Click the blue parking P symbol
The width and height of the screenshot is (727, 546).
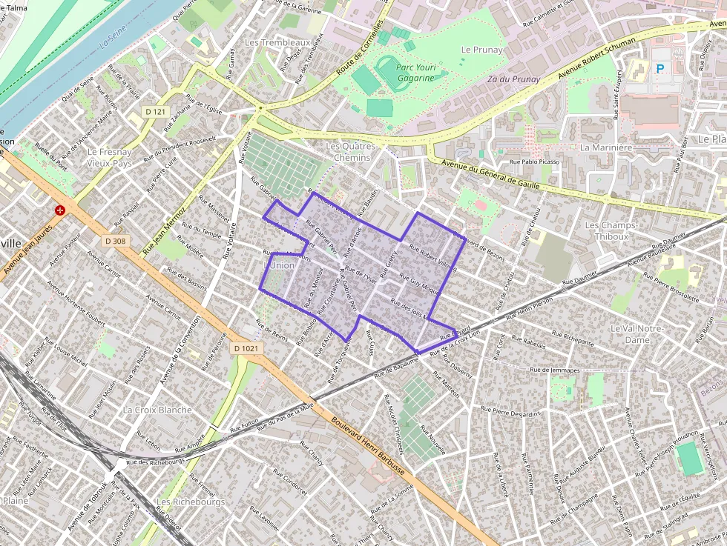pyautogui.click(x=659, y=69)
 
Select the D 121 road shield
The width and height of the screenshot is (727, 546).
pyautogui.click(x=155, y=111)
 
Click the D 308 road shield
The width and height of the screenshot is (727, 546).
pyautogui.click(x=114, y=240)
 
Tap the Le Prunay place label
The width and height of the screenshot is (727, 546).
pyautogui.click(x=481, y=50)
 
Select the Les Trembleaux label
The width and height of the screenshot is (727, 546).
pyautogui.click(x=277, y=43)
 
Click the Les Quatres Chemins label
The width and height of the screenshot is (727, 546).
pyautogui.click(x=352, y=152)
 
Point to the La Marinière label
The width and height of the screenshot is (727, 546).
pyautogui.click(x=605, y=147)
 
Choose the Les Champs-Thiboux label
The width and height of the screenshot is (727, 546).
pyautogui.click(x=606, y=230)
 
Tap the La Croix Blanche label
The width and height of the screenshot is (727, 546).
pyautogui.click(x=157, y=410)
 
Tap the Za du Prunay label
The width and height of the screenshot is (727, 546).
pyautogui.click(x=513, y=79)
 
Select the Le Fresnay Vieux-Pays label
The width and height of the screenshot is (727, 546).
pyautogui.click(x=108, y=156)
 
